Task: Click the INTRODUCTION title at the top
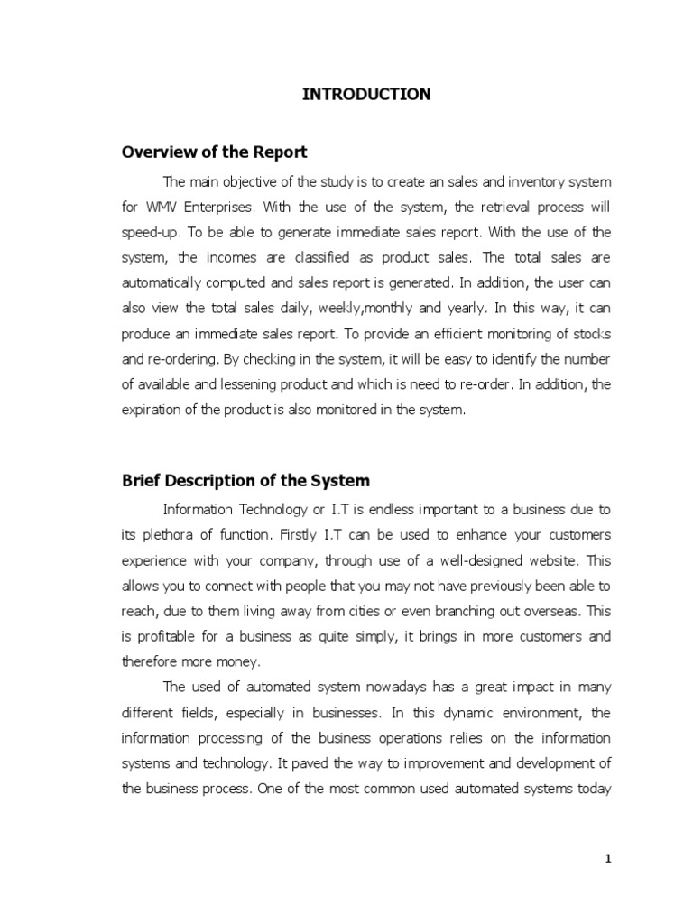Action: (365, 94)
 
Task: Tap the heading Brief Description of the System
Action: (245, 481)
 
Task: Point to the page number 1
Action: (608, 859)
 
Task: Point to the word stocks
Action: (590, 334)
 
